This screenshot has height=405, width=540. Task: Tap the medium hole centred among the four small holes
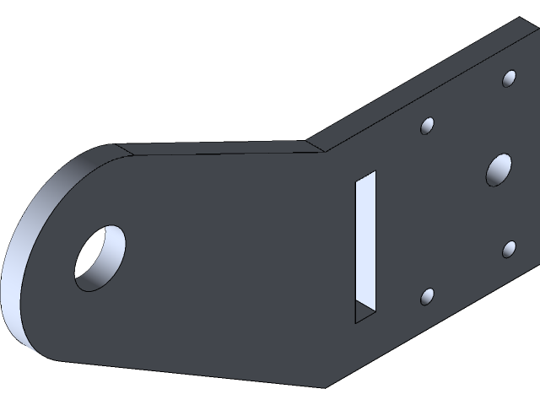(499, 171)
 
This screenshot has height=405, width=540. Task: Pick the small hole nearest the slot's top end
(428, 127)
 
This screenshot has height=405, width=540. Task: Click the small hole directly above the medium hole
(510, 79)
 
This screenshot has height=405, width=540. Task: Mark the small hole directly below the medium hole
(510, 249)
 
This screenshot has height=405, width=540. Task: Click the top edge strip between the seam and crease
(219, 148)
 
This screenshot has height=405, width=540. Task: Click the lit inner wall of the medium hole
(504, 173)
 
